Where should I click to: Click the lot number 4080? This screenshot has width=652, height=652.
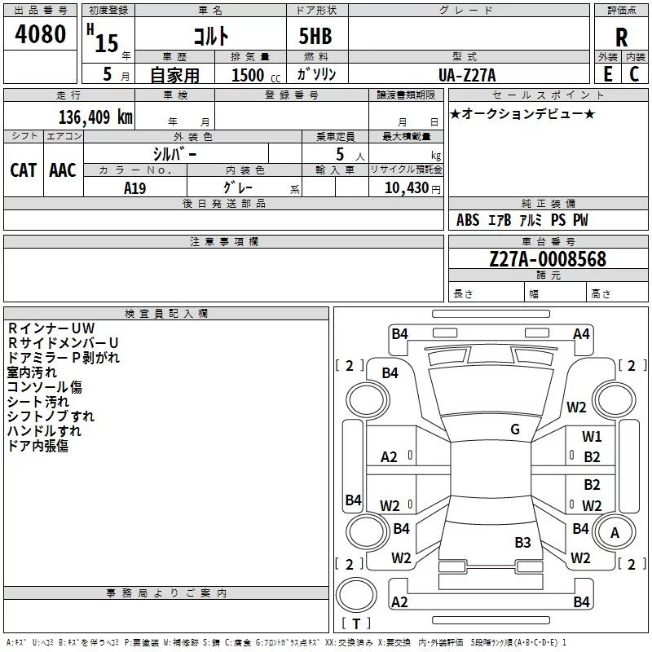[40, 33]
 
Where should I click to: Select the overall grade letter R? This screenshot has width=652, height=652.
[621, 37]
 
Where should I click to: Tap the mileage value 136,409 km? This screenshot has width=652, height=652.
[95, 117]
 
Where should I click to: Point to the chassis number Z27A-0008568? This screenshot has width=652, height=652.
[548, 258]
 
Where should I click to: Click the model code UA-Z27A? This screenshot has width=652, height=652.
[467, 75]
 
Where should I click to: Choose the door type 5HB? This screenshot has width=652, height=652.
[315, 36]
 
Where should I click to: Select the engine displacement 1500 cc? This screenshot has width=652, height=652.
[256, 75]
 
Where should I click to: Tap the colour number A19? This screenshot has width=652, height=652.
[134, 188]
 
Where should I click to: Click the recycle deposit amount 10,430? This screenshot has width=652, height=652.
[407, 187]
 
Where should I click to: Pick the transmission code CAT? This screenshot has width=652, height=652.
[24, 170]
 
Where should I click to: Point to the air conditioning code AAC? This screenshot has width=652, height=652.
[63, 170]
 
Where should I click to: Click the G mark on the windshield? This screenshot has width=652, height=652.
[515, 429]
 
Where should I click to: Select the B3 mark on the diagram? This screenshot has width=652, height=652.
[522, 542]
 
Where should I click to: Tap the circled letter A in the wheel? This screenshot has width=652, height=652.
[615, 533]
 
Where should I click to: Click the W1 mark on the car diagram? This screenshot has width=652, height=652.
[592, 436]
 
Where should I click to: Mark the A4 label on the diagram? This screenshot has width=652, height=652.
[581, 334]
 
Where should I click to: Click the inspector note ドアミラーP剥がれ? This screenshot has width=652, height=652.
[64, 358]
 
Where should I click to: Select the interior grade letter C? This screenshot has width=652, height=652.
[634, 74]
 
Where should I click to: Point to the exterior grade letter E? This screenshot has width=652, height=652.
[608, 74]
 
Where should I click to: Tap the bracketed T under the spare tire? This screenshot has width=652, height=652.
[356, 623]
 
